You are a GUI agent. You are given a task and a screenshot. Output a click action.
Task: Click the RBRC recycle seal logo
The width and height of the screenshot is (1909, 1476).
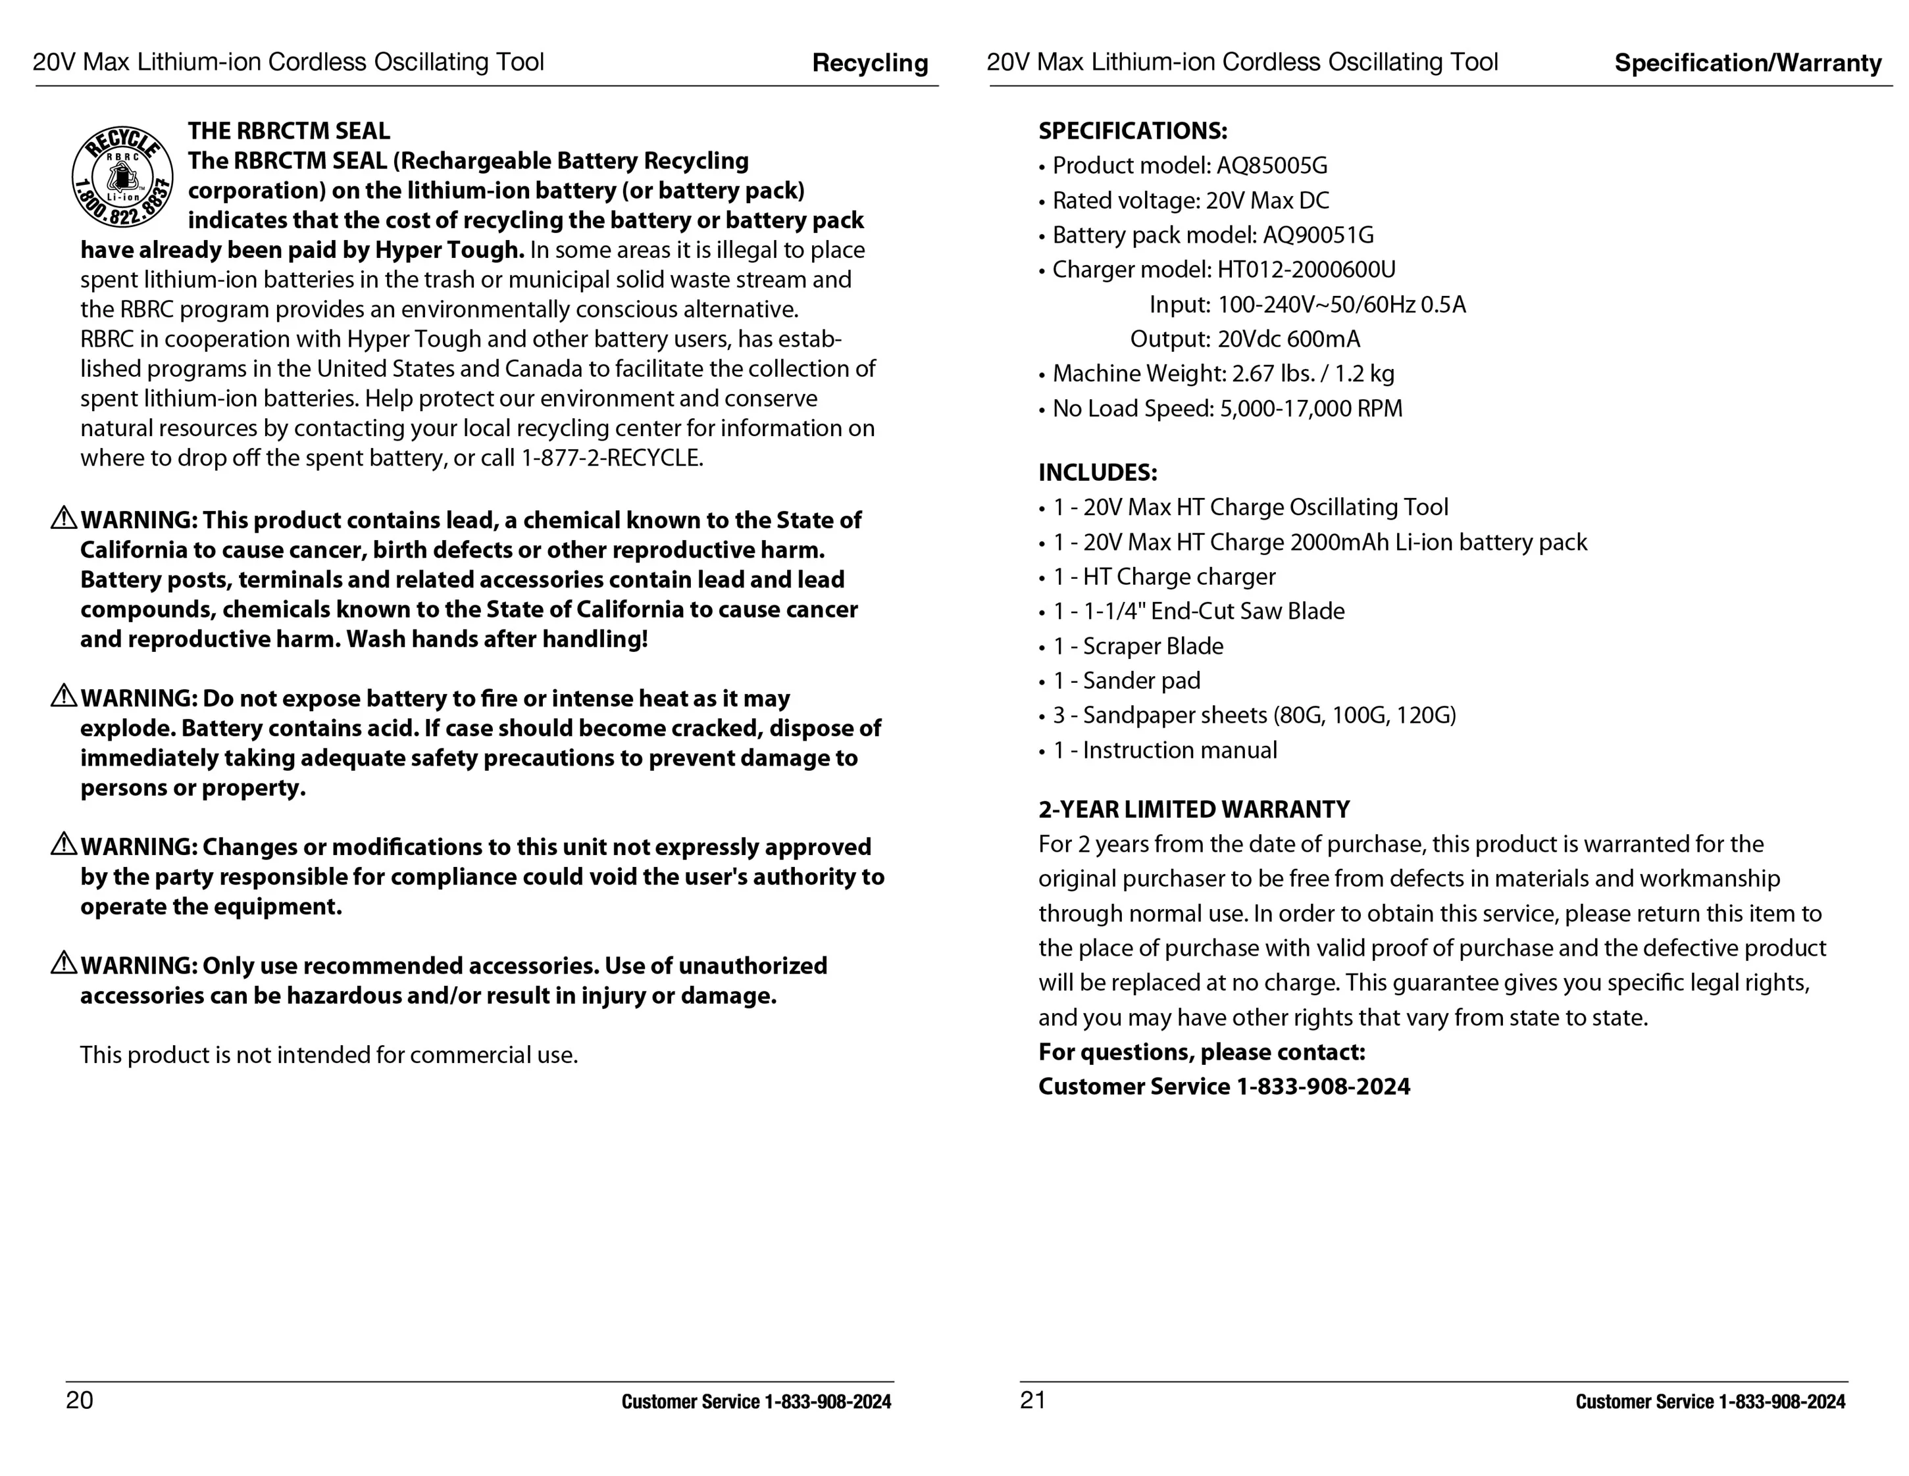[122, 176]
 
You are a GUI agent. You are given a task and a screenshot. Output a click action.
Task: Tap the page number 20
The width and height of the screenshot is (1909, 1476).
[80, 1400]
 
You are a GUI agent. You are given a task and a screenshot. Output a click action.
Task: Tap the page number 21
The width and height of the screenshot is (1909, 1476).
[1032, 1400]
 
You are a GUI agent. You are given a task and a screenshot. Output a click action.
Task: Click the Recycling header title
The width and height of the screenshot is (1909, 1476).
[870, 63]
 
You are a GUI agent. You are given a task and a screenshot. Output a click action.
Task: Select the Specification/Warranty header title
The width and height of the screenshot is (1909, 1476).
[1747, 63]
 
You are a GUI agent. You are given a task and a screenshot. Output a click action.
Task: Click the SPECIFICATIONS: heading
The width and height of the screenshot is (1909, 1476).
[1132, 131]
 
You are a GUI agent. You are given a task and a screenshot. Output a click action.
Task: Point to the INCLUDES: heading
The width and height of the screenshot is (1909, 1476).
[1097, 473]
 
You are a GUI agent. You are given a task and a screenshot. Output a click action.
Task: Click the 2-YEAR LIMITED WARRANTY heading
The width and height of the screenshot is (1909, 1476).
[1193, 809]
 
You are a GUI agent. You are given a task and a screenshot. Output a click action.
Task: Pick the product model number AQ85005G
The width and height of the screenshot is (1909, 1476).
[1272, 166]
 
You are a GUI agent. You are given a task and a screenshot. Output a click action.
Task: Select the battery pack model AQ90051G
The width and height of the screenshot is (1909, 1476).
[1318, 235]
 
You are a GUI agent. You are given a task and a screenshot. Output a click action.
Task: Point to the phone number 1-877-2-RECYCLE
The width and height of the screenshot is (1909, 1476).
[612, 458]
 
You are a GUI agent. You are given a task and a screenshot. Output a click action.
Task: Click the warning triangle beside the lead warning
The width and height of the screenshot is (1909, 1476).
[64, 518]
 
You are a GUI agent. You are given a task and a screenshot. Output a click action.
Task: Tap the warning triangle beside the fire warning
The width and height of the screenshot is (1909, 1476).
[64, 697]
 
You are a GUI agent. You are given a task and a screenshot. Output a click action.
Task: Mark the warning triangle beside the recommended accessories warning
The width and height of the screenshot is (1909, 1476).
[64, 964]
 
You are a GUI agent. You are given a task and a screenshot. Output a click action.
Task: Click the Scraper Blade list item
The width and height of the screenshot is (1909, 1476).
[1152, 646]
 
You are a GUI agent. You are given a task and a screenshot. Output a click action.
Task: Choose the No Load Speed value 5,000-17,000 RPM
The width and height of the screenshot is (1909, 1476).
[1310, 408]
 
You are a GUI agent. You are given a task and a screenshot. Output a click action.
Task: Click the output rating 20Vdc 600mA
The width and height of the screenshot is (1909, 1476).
[1288, 339]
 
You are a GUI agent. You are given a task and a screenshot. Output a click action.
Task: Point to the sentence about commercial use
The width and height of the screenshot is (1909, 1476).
[328, 1055]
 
